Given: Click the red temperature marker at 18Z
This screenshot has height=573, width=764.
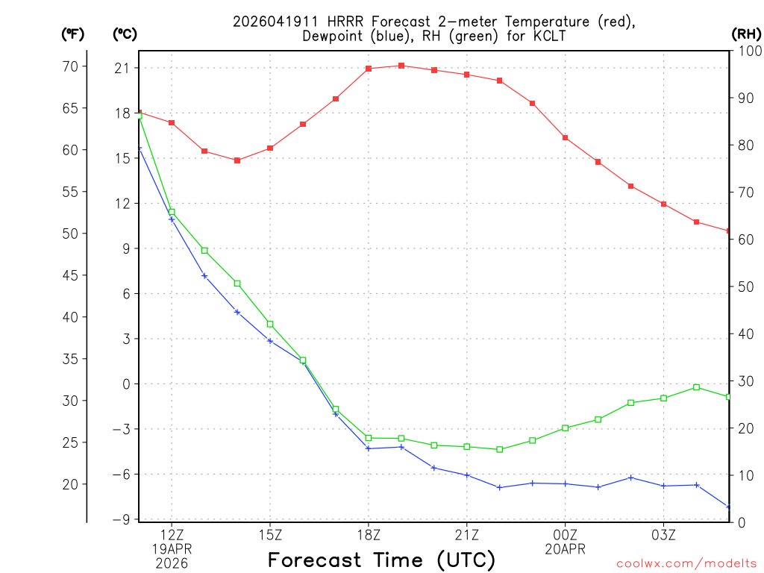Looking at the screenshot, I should pyautogui.click(x=369, y=69).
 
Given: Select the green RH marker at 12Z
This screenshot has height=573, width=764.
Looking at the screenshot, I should pyautogui.click(x=172, y=213).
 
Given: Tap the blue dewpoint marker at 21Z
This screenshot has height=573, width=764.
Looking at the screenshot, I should pyautogui.click(x=467, y=475).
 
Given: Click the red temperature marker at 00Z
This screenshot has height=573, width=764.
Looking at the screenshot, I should pyautogui.click(x=566, y=138).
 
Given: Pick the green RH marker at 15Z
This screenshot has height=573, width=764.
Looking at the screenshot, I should pyautogui.click(x=270, y=324).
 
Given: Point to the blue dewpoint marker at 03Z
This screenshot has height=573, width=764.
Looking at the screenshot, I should pyautogui.click(x=664, y=486).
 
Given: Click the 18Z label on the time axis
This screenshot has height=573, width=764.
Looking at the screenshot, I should pyautogui.click(x=369, y=535).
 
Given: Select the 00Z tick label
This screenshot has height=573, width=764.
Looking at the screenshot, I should pyautogui.click(x=566, y=535).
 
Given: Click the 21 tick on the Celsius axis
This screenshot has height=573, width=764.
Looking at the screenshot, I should pyautogui.click(x=122, y=68).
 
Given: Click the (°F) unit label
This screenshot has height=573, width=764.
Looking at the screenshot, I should pyautogui.click(x=72, y=34).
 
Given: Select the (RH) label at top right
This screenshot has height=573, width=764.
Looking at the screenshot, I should pyautogui.click(x=745, y=34).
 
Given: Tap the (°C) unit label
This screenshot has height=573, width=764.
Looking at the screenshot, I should pyautogui.click(x=124, y=34).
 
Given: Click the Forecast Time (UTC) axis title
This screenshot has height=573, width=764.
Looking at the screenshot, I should pyautogui.click(x=381, y=560).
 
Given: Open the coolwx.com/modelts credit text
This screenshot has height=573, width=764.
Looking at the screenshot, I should pyautogui.click(x=686, y=563).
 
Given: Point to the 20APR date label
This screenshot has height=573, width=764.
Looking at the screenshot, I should pyautogui.click(x=566, y=549).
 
